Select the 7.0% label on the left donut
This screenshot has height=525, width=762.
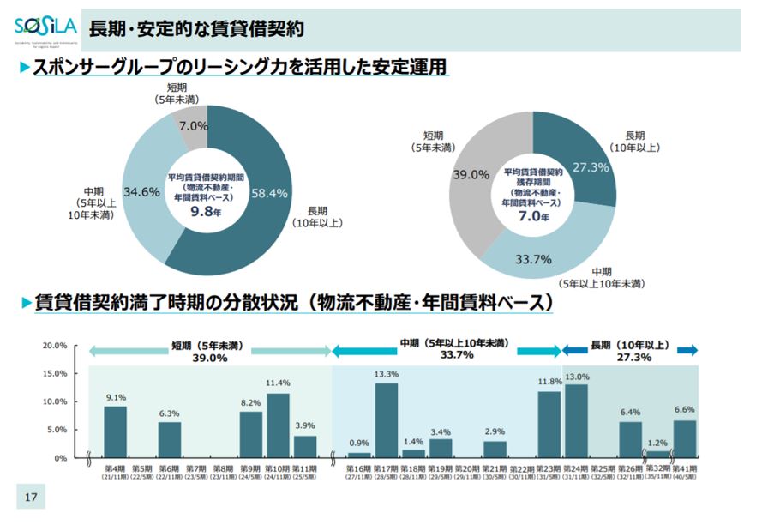pos(194,126)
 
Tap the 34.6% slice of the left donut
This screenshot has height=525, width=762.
pos(142,192)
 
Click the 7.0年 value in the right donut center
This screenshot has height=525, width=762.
pos(532,216)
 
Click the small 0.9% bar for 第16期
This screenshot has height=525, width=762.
pos(360,455)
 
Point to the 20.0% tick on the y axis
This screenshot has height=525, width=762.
pos(55,346)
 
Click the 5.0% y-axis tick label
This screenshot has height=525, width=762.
pos(57,430)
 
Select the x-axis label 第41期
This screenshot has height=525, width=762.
pos(685,470)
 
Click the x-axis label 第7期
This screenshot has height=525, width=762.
pos(196,470)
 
